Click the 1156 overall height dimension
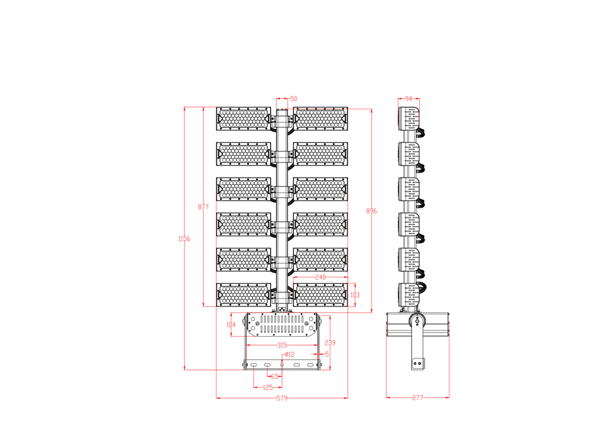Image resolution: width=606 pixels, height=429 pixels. (184, 239)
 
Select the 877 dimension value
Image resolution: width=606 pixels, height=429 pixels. (203, 207)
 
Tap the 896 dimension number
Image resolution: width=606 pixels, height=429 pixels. (371, 211)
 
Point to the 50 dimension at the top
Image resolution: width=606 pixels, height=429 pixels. (294, 99)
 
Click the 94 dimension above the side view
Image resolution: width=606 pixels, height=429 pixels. (409, 99)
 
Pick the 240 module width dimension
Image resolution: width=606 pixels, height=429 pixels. (320, 277)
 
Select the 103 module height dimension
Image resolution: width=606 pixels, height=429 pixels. (355, 295)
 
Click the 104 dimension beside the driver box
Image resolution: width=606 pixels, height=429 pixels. (231, 325)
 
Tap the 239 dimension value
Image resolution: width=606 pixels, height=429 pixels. (330, 343)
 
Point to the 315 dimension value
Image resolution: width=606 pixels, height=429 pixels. (282, 345)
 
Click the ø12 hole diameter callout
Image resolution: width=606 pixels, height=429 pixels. (289, 354)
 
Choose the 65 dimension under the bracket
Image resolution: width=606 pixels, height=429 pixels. (275, 376)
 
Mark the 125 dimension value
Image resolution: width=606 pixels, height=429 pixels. (268, 388)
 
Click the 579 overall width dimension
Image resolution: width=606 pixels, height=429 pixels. (282, 398)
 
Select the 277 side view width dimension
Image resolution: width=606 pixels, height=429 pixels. (417, 398)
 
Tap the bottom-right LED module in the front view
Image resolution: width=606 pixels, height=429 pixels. (321, 295)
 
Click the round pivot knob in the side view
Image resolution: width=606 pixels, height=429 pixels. (417, 320)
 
